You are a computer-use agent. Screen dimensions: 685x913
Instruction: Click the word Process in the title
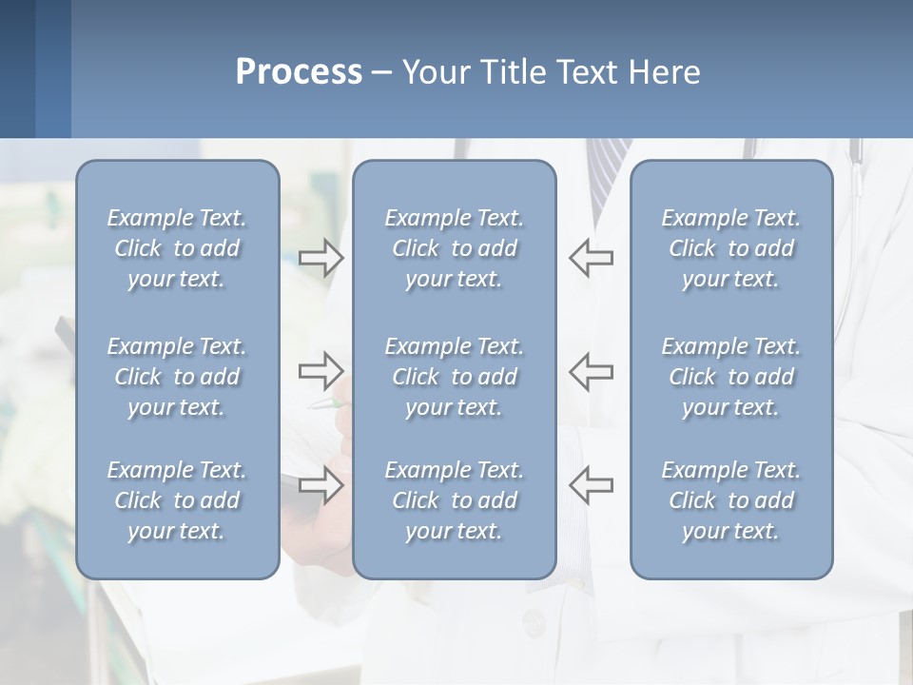(299, 72)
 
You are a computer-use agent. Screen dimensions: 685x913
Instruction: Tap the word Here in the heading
(664, 72)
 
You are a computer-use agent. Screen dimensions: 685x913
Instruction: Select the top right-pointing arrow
(321, 258)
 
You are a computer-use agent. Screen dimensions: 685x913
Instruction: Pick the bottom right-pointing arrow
(321, 485)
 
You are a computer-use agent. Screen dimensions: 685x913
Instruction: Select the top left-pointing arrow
(591, 258)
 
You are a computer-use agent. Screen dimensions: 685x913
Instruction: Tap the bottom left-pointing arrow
(591, 485)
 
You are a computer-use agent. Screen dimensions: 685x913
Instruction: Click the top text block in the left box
(177, 248)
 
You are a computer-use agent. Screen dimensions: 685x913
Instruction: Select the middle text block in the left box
(177, 377)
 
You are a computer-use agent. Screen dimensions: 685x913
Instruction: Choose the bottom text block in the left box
(177, 500)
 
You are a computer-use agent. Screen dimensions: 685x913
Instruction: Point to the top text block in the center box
(454, 248)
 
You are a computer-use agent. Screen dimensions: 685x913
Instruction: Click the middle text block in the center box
(454, 377)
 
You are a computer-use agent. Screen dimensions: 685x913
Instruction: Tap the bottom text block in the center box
(454, 500)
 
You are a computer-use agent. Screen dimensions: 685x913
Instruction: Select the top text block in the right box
(730, 248)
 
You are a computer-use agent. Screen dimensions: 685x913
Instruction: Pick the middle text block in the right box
(730, 377)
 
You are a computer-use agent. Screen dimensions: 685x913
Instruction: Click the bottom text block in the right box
(730, 500)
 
